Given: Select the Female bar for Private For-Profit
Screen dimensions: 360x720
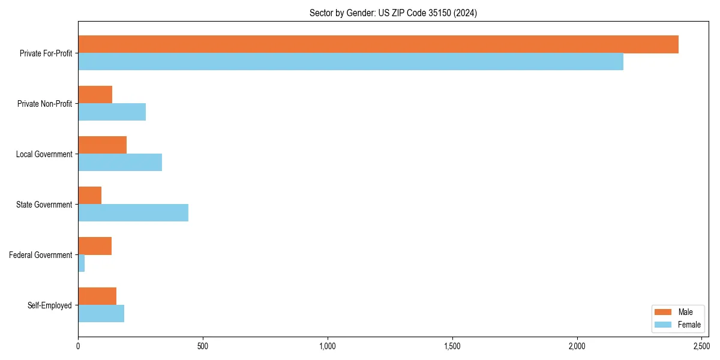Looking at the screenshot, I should click(x=350, y=61).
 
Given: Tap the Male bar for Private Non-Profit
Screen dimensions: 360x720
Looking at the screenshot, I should click(x=95, y=95).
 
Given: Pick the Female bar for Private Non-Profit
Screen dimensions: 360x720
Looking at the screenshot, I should click(x=112, y=112).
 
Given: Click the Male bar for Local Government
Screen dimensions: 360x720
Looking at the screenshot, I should click(x=102, y=145).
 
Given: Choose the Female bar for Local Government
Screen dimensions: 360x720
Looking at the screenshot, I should click(x=120, y=162).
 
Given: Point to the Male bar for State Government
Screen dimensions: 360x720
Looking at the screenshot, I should click(x=89, y=196).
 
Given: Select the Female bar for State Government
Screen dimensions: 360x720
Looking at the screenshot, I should click(x=133, y=212).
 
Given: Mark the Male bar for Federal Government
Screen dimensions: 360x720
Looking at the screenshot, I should click(x=95, y=246).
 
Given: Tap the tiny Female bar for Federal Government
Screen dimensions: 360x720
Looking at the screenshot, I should click(x=81, y=263).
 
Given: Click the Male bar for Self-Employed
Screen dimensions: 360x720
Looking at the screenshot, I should click(x=97, y=296).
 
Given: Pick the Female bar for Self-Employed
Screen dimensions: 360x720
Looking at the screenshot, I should click(x=101, y=313).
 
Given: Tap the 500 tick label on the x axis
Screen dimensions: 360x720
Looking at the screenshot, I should click(x=203, y=346).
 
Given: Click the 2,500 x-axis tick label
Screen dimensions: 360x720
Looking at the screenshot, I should click(x=701, y=346).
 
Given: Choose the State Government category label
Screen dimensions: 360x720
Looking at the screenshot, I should click(x=44, y=205).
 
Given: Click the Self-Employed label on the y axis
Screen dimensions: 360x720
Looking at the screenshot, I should click(x=50, y=305).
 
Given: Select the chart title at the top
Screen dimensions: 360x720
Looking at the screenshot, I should click(x=393, y=13).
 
